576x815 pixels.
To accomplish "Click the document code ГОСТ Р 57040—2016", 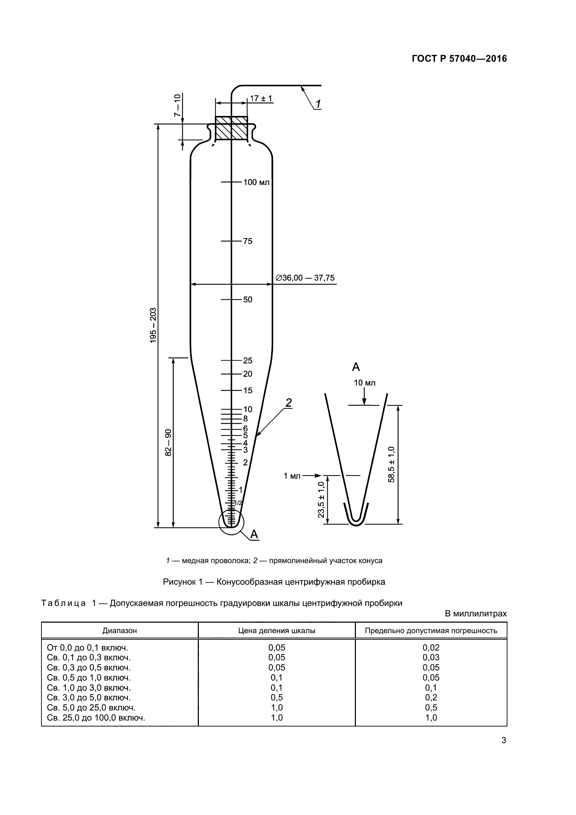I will [459, 59].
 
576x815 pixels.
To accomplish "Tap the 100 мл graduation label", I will [256, 183].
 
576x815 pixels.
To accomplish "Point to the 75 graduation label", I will [248, 241].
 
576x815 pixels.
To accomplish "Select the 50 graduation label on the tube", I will [248, 300].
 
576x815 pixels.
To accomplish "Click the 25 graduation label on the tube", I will [248, 361].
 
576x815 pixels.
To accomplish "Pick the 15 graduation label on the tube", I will [248, 391].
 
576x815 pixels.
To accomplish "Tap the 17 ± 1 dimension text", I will [261, 98].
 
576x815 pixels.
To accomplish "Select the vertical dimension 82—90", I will [169, 442].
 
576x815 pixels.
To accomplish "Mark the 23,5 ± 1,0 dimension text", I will [321, 499].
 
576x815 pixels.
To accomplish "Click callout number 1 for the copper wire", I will [318, 104].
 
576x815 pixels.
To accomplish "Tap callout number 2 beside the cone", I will [289, 402].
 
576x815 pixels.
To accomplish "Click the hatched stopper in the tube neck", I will [231, 128].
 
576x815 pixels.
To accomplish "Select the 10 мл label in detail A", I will [364, 383].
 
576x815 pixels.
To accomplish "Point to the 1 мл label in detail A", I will [292, 476].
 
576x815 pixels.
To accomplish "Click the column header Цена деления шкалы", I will [277, 630].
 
